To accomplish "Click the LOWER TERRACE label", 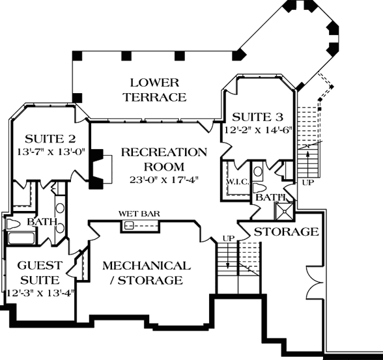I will pos(158,90).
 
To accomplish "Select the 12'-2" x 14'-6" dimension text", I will pos(260,129).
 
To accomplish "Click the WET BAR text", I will pos(139,214).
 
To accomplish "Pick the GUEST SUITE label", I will pos(39,272).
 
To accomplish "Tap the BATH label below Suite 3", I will pos(270,197).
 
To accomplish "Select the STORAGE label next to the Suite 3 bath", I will pos(286,232).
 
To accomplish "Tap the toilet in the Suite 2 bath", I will pos(14,225).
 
